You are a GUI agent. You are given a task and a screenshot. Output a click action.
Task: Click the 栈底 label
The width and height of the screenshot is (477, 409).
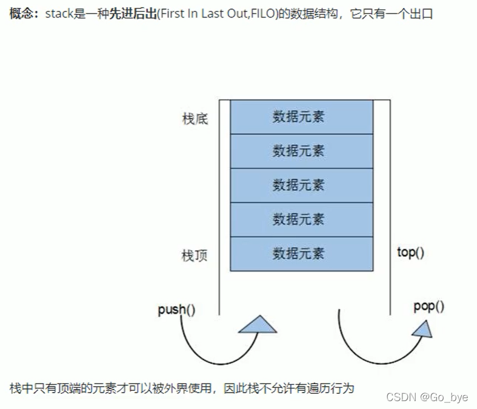click(195, 119)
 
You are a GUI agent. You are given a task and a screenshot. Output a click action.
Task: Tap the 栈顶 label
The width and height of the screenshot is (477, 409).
click(195, 256)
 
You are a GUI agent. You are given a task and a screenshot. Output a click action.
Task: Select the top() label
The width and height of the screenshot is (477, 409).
click(410, 252)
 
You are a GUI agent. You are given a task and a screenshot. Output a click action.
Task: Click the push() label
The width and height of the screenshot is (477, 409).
click(176, 310)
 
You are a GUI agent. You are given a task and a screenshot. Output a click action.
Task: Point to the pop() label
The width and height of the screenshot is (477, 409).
click(429, 307)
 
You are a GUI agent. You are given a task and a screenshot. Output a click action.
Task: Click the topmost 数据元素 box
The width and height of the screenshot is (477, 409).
click(301, 116)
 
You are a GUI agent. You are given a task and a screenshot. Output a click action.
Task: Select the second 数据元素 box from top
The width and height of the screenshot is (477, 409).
click(301, 150)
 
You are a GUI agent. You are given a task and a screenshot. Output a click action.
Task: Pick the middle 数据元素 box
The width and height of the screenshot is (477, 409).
click(301, 185)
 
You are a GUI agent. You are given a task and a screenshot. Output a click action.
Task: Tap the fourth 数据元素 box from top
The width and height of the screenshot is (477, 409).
click(301, 219)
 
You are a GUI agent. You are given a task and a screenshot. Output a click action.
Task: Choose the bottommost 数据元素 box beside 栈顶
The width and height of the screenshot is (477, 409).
click(301, 253)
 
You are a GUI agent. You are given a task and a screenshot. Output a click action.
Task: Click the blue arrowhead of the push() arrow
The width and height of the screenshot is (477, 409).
click(258, 325)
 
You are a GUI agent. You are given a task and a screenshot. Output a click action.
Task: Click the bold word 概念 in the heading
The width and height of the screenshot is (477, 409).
click(22, 13)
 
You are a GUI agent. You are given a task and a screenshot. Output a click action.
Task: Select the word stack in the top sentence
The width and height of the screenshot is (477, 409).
click(58, 13)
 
